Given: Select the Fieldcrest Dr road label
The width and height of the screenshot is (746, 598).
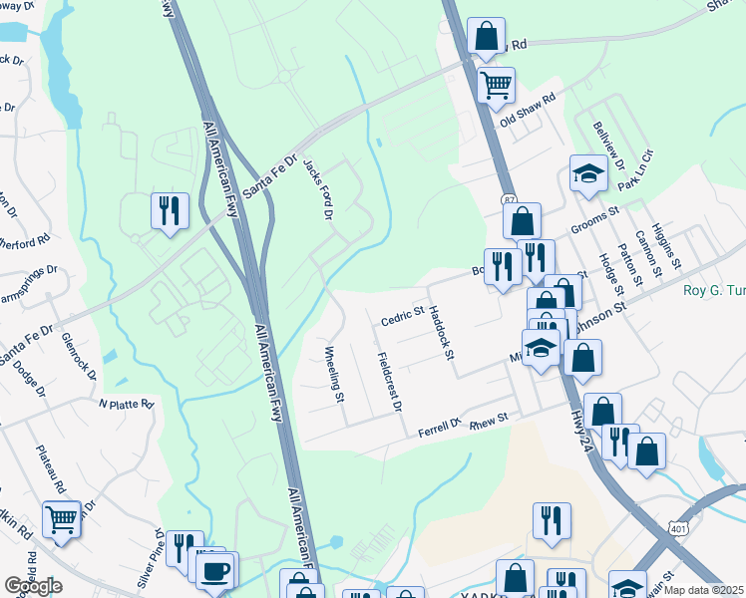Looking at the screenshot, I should point(390,382).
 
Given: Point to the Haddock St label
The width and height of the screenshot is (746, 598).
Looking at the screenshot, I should point(441,333).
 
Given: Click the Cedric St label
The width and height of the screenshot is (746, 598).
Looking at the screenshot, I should point(402,317).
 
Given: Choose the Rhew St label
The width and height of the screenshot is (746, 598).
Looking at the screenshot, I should point(489,422).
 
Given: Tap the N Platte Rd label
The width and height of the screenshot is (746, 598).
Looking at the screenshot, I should point(126,405).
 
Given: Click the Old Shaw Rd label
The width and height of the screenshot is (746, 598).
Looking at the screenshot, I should point(527,117).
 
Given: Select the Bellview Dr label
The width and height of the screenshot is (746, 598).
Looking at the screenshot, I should point(607,144).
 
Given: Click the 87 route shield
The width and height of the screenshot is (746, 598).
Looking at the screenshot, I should point(509,199).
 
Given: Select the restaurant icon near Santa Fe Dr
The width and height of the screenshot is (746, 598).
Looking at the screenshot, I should point(168,210).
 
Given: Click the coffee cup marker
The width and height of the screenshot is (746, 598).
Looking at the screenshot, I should point(216,571).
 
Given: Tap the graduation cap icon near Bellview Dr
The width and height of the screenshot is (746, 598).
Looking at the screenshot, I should point(588,174).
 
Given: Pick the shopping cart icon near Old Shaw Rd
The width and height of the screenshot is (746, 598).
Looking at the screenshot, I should point(496,85).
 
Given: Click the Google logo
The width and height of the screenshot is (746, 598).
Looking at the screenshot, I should point(33,586).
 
